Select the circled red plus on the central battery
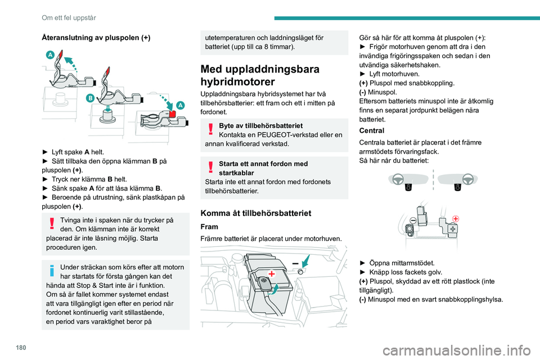coord(455,218)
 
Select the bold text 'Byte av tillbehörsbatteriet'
coord(260,125)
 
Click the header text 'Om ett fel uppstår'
coord(69,17)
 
